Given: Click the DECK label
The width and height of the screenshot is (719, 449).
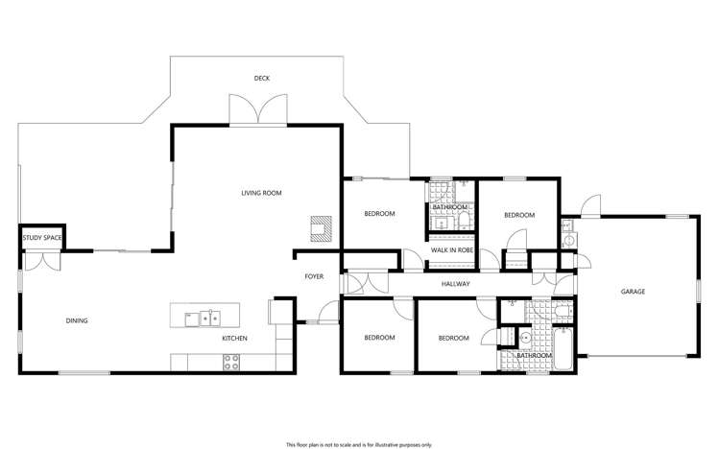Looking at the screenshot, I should tap(261, 78).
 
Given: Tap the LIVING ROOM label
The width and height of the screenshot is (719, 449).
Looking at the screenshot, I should tap(261, 193).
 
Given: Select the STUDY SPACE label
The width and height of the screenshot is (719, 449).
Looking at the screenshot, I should tap(42, 238).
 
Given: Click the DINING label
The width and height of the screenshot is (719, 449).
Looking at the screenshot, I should tap(77, 320).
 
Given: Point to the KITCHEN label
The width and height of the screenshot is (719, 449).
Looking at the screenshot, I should tap(235, 339).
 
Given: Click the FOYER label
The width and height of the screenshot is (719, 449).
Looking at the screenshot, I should tap(314, 277).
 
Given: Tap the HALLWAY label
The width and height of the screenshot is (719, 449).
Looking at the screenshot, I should tap(455, 284).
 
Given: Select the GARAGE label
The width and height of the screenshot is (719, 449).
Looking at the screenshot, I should tap(632, 291).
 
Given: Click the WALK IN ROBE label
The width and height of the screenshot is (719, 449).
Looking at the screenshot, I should tap(451, 250).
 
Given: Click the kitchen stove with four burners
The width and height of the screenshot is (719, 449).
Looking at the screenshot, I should tap(232, 362).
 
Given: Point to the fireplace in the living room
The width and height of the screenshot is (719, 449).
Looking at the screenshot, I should tap(319, 228).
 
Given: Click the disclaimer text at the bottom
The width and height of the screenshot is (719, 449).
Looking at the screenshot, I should tap(359, 444).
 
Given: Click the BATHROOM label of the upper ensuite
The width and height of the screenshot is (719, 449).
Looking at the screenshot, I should tap(449, 207).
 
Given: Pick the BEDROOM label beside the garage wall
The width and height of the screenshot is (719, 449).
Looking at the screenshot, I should tap(518, 215).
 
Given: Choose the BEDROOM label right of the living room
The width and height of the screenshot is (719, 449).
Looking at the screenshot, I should tap(379, 214).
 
